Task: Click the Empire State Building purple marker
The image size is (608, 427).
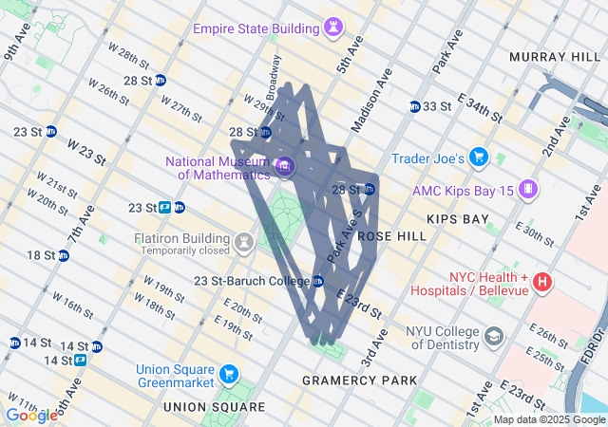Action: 332,28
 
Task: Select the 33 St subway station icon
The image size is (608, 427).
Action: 415,106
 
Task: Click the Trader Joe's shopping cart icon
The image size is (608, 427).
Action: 479,157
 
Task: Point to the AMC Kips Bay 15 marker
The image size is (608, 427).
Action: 524,191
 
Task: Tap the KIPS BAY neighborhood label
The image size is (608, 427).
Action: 458,219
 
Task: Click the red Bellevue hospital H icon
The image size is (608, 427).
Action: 541,281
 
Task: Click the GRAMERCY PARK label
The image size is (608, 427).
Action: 359,381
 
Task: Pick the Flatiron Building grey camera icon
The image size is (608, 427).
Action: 245,242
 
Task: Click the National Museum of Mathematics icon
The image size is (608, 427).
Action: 283,168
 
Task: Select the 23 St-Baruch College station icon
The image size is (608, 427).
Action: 318,281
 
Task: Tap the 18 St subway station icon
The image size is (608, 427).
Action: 63,255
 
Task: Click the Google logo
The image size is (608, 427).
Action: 31,415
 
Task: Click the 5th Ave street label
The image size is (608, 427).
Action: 349,58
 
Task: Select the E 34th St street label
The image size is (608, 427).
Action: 480,106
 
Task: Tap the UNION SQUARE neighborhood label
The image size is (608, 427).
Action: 215,407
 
